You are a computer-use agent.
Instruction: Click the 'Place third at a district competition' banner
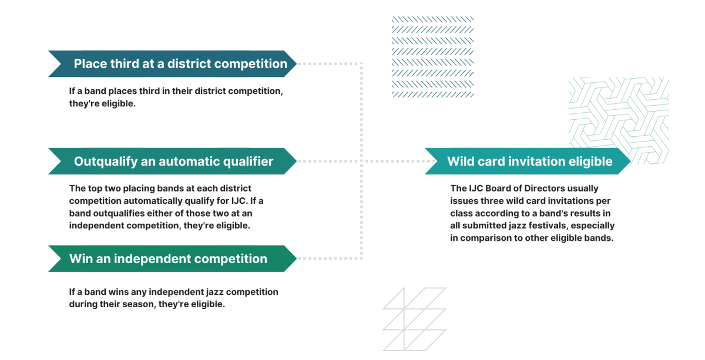click(x=173, y=64)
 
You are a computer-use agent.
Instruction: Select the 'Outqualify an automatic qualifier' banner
click(x=173, y=161)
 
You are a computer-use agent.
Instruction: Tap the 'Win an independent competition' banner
click(x=173, y=258)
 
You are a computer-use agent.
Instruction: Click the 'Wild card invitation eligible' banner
click(x=528, y=161)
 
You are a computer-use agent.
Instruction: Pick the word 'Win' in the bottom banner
click(x=80, y=258)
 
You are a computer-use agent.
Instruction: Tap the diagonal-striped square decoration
click(x=433, y=57)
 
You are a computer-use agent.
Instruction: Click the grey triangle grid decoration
click(x=414, y=319)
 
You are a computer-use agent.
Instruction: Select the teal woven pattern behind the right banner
click(x=619, y=120)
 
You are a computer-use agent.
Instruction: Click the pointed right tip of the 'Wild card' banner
click(x=630, y=161)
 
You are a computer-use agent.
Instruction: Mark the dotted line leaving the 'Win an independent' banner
click(x=330, y=258)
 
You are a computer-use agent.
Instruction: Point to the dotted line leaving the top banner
click(x=330, y=64)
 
